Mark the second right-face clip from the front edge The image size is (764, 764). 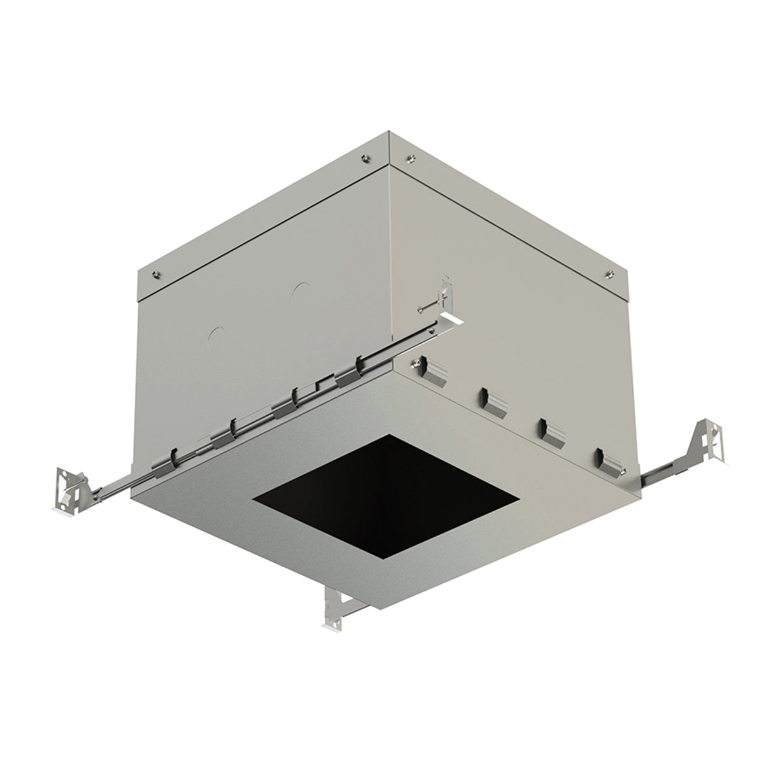[494, 402]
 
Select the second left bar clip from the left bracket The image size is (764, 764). [223, 434]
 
